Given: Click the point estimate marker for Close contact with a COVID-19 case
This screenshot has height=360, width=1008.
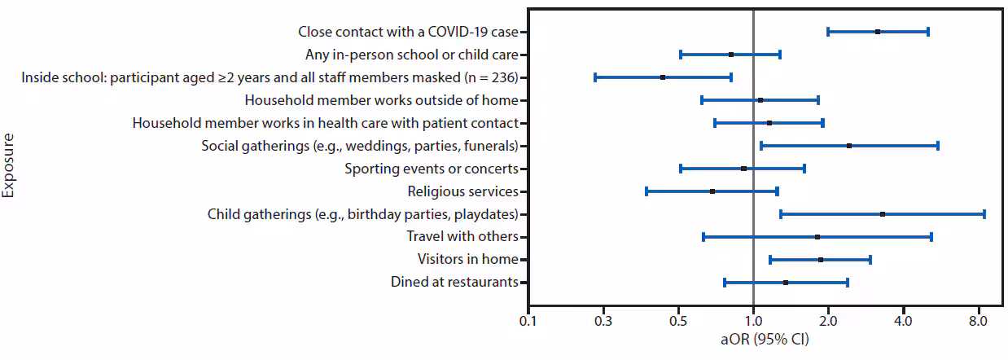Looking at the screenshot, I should point(877,32).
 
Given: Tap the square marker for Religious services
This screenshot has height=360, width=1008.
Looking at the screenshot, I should point(712,191).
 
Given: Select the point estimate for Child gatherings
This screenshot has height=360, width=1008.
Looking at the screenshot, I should point(883,214).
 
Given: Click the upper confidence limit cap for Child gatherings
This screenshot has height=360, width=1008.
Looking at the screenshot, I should point(984,214).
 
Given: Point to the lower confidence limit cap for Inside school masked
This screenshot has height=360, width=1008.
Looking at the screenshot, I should point(595,77).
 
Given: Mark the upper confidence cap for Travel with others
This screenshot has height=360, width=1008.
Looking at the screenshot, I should point(931,237).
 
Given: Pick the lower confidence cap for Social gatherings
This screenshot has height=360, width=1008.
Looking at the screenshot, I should point(761,146).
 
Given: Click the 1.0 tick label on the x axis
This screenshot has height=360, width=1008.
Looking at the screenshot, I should point(753,322).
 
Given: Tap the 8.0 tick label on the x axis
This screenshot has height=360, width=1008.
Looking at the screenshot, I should point(978,322).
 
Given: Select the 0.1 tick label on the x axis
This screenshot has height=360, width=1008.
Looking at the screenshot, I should point(528,322).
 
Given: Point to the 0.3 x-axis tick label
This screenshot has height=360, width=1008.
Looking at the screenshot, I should point(603,322).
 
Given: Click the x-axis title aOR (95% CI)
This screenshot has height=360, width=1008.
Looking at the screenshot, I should point(753,342).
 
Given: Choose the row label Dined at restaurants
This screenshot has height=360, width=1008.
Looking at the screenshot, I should point(454,283).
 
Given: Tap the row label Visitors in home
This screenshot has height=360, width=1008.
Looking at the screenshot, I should point(467,260).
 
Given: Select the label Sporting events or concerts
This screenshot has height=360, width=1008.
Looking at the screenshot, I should point(431,169).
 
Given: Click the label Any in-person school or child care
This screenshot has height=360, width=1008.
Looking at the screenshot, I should point(411,55).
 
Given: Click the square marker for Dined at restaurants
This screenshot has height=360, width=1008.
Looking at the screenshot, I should point(786,283).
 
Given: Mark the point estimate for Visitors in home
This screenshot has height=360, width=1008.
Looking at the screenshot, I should point(821,260).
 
